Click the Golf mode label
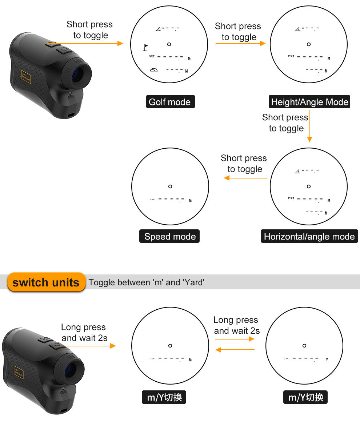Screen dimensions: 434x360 click(170, 102)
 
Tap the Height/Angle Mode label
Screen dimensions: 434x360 click(309, 102)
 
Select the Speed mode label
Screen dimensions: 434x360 click(170, 236)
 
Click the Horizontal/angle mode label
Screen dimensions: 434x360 click(309, 236)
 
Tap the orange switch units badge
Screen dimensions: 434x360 click(46, 282)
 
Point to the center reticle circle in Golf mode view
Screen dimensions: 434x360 click(169, 44)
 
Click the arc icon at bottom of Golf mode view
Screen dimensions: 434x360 click(154, 70)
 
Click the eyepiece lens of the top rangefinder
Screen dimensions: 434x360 click(77, 75)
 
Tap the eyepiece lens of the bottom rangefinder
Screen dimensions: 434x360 click(70, 370)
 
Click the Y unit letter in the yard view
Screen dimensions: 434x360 click(327, 360)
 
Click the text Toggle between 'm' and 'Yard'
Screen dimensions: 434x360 click(147, 282)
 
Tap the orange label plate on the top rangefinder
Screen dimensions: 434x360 click(26, 77)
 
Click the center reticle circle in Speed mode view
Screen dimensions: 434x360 click(170, 186)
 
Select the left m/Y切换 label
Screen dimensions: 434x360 click(164, 397)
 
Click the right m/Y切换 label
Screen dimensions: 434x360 click(305, 397)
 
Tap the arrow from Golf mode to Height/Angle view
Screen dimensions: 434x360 click(240, 44)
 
